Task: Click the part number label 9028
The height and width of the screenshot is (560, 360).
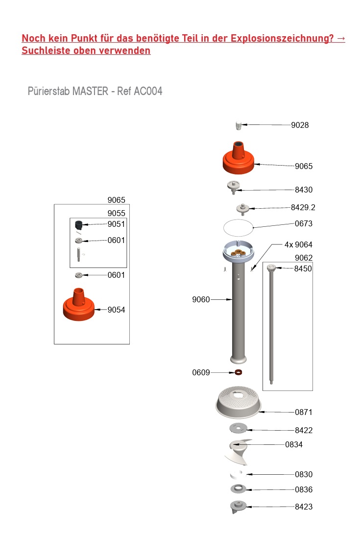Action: (300, 125)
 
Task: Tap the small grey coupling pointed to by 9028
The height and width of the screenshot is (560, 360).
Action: (238, 126)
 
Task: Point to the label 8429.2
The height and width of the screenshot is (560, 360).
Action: (303, 208)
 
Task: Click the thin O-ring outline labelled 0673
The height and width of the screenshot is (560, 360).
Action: (238, 228)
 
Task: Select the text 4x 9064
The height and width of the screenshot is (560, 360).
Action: (298, 244)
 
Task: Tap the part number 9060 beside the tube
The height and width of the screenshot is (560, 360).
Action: (201, 300)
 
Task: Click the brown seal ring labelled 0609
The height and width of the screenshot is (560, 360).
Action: (238, 372)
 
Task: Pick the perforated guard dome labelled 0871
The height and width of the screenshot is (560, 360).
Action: (238, 402)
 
